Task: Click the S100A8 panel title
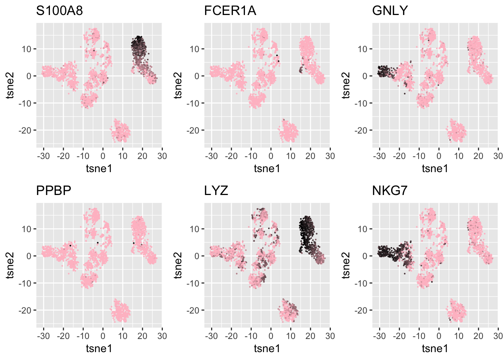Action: pos(59,11)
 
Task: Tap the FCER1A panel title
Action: pos(230,11)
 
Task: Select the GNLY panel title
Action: pos(390,11)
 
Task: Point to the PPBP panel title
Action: pos(53,191)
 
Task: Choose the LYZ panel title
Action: pos(216,191)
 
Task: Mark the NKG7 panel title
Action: pos(389,191)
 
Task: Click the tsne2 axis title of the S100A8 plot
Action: pos(10,85)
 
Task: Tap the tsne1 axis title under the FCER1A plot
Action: pos(267,169)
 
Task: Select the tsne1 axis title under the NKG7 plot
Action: pos(435,349)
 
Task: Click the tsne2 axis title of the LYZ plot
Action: pos(178,265)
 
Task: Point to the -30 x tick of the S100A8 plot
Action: pos(43,156)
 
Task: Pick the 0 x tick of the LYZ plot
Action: pos(271,336)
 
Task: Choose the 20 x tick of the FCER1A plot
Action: pos(310,156)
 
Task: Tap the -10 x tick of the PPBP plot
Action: pos(83,336)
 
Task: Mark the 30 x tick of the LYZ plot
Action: pos(330,336)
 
